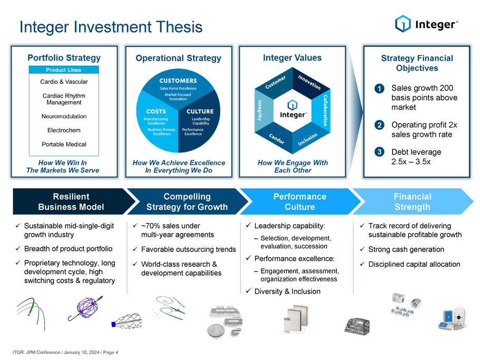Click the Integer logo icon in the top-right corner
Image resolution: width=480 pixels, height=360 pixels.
[x=403, y=24]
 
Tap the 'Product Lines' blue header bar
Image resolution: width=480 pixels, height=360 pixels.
[x=64, y=70]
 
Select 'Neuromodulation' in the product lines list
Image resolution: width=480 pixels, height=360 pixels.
[x=64, y=116]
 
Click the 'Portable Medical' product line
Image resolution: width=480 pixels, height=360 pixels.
[x=64, y=144]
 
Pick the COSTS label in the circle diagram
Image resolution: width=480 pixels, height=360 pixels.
[x=156, y=111]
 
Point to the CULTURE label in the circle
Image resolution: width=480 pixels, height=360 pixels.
[x=200, y=111]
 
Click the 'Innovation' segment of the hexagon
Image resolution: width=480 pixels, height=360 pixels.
[x=309, y=82]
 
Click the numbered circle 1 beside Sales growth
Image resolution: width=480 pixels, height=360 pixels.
[x=379, y=89]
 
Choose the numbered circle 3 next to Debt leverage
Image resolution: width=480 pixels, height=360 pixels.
[x=379, y=152]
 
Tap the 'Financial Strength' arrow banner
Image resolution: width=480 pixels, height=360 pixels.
[x=413, y=201]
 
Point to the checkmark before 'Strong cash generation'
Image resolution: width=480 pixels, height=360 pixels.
[x=362, y=249]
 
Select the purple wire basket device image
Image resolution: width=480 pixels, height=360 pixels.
[x=85, y=308]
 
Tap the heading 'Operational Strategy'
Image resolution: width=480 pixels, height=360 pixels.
[x=179, y=58]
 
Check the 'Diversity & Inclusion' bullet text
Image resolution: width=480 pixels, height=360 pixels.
[x=288, y=291]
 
